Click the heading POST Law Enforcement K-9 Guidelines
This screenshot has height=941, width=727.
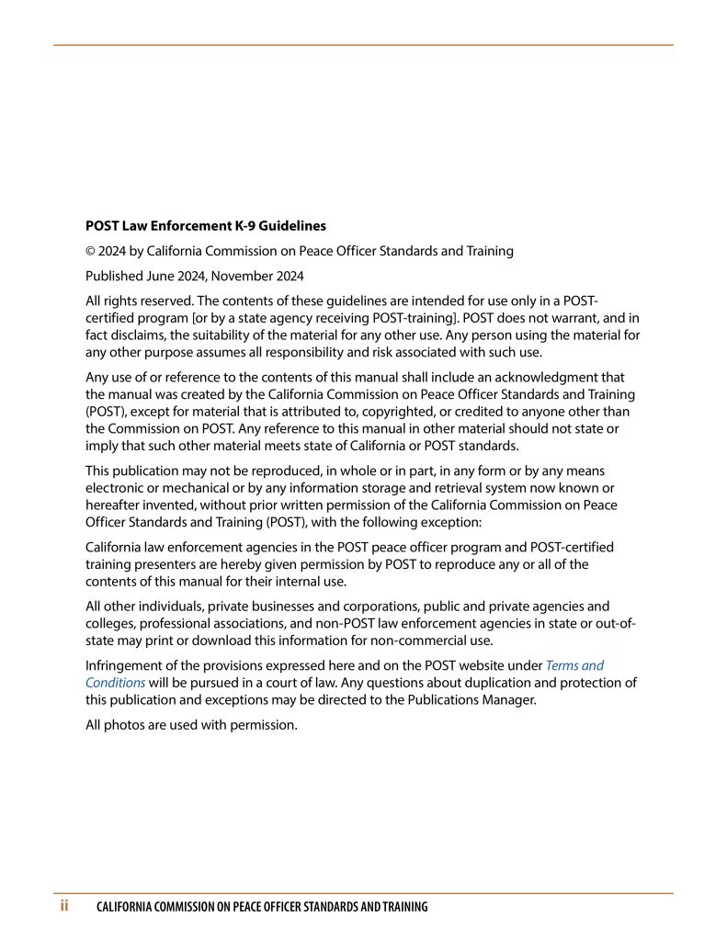tap(205, 225)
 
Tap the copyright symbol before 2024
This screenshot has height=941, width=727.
tap(90, 251)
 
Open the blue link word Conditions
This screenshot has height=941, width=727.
tap(116, 683)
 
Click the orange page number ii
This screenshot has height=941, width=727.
tap(65, 906)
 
